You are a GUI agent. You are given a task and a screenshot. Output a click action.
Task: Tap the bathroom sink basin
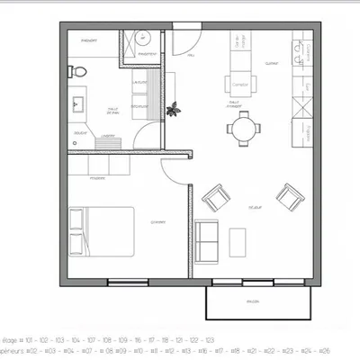pyautogui.click(x=75, y=104)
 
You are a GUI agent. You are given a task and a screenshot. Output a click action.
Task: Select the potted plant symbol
pyautogui.click(x=174, y=109)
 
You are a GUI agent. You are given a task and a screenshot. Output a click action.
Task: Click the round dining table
pyautogui.click(x=241, y=130)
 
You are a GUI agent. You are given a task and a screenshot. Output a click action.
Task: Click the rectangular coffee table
pyautogui.click(x=238, y=241)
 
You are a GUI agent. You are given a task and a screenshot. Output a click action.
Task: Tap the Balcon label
pyautogui.click(x=255, y=301)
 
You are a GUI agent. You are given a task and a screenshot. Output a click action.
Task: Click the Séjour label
pyautogui.click(x=255, y=207)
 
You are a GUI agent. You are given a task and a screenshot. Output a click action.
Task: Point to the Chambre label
pyautogui.click(x=158, y=221)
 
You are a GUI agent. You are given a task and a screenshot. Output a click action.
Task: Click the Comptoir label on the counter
pyautogui.click(x=239, y=85)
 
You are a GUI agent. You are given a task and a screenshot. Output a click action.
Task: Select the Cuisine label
pyautogui.click(x=271, y=63)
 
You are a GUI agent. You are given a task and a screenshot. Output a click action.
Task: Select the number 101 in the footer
pyautogui.click(x=30, y=340)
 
